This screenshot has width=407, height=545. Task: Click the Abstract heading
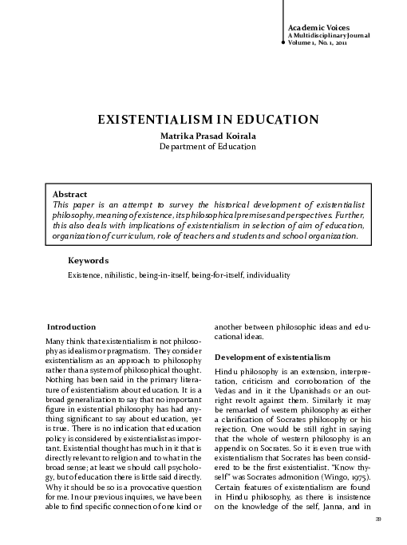69,194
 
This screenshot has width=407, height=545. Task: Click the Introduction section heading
72,327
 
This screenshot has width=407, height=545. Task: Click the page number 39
377,521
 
